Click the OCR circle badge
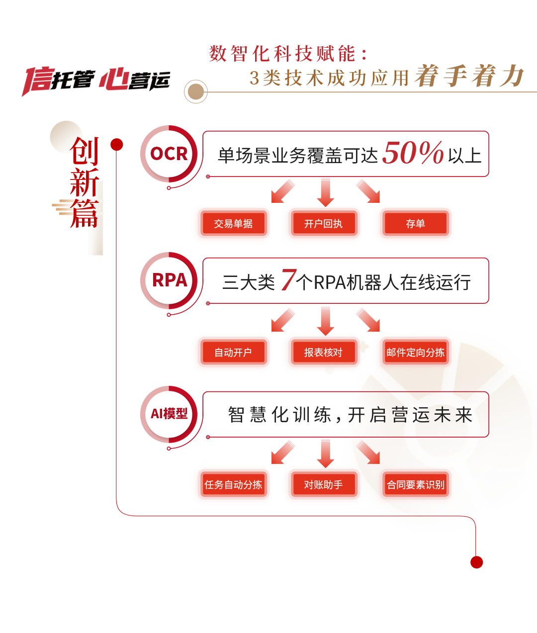pos(169,154)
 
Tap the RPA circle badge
pos(169,280)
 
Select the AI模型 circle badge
pos(169,414)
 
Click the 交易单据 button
pos(233,224)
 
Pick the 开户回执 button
pos(323,224)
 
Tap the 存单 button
pos(415,224)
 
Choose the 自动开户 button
pos(233,353)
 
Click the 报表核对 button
pos(323,353)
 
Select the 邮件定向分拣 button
pos(415,353)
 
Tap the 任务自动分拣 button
pos(233,485)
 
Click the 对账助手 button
pos(323,485)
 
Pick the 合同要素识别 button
pos(415,485)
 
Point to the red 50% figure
pos(413,153)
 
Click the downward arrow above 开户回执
pos(325,192)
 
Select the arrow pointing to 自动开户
pos(283,320)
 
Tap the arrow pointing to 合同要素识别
pos(368,452)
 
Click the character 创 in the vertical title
pos(85,151)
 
